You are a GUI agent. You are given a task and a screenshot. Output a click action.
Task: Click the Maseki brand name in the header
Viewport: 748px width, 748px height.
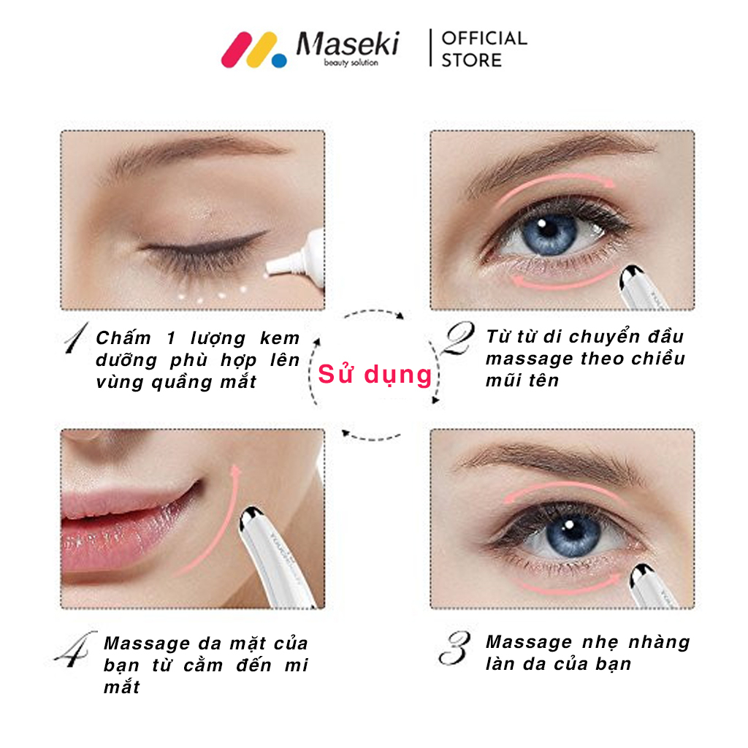point(348,44)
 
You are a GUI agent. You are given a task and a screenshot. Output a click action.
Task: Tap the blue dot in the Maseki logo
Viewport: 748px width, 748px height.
point(279,61)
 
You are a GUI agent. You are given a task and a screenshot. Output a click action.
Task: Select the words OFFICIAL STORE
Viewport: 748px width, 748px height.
point(484,49)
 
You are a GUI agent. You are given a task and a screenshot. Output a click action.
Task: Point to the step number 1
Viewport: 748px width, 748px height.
point(76,337)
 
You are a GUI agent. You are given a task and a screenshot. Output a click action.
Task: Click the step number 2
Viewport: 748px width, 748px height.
point(459,337)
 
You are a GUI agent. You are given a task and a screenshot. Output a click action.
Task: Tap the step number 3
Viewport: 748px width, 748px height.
point(454,648)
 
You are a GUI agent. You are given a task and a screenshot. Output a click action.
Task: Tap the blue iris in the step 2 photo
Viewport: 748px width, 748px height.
point(549,234)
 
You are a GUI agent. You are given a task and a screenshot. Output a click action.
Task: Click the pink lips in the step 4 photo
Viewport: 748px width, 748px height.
point(126,524)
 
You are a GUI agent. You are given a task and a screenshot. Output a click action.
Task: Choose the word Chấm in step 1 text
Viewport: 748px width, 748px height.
point(123,337)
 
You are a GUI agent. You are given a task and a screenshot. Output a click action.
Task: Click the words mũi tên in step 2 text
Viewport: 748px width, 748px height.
point(522,380)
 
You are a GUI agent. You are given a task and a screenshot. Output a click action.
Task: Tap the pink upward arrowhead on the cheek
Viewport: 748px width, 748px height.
point(234,471)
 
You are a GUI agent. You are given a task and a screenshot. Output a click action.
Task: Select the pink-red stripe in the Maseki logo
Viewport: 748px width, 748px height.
point(237,50)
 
